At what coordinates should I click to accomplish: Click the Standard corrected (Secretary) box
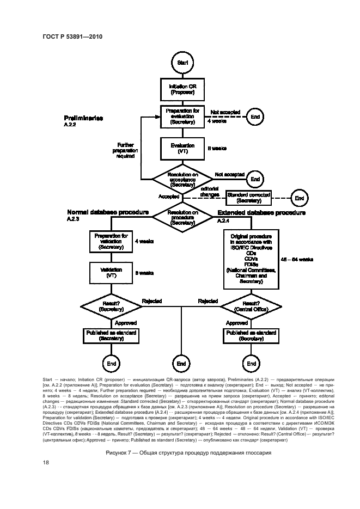[x=248, y=198]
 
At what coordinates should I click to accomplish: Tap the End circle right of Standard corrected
[x=300, y=198]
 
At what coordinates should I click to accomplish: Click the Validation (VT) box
[x=111, y=272]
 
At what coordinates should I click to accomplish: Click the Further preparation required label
[x=125, y=150]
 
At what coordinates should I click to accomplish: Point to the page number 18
[x=46, y=462]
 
